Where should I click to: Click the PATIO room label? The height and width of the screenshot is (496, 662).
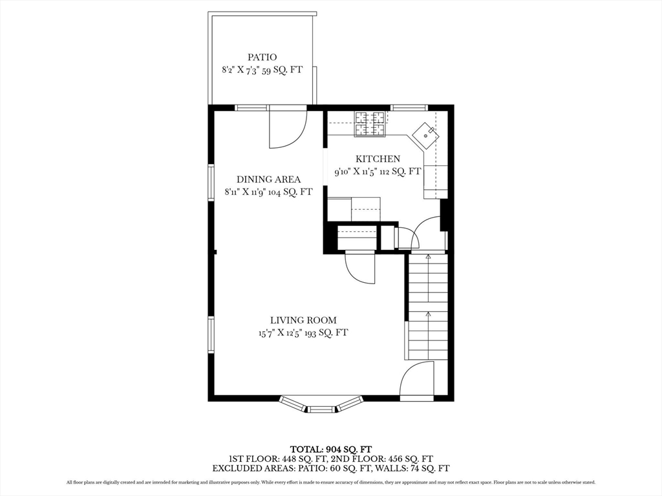(x=262, y=57)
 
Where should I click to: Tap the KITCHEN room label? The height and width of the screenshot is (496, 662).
(x=378, y=159)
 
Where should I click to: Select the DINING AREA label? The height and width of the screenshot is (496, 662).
(x=268, y=180)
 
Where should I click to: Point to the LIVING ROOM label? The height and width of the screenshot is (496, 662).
(x=303, y=320)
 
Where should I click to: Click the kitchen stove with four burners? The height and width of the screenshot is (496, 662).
(x=369, y=124)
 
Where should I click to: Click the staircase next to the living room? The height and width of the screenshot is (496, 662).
(x=428, y=307)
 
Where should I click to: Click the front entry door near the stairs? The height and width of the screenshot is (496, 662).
(x=417, y=381)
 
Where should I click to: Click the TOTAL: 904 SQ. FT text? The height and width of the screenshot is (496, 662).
(x=330, y=449)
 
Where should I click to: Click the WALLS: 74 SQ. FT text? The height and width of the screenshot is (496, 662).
(x=413, y=468)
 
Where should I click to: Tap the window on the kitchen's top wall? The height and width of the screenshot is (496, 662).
(x=409, y=108)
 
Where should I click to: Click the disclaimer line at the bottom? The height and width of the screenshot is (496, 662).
(x=330, y=482)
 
